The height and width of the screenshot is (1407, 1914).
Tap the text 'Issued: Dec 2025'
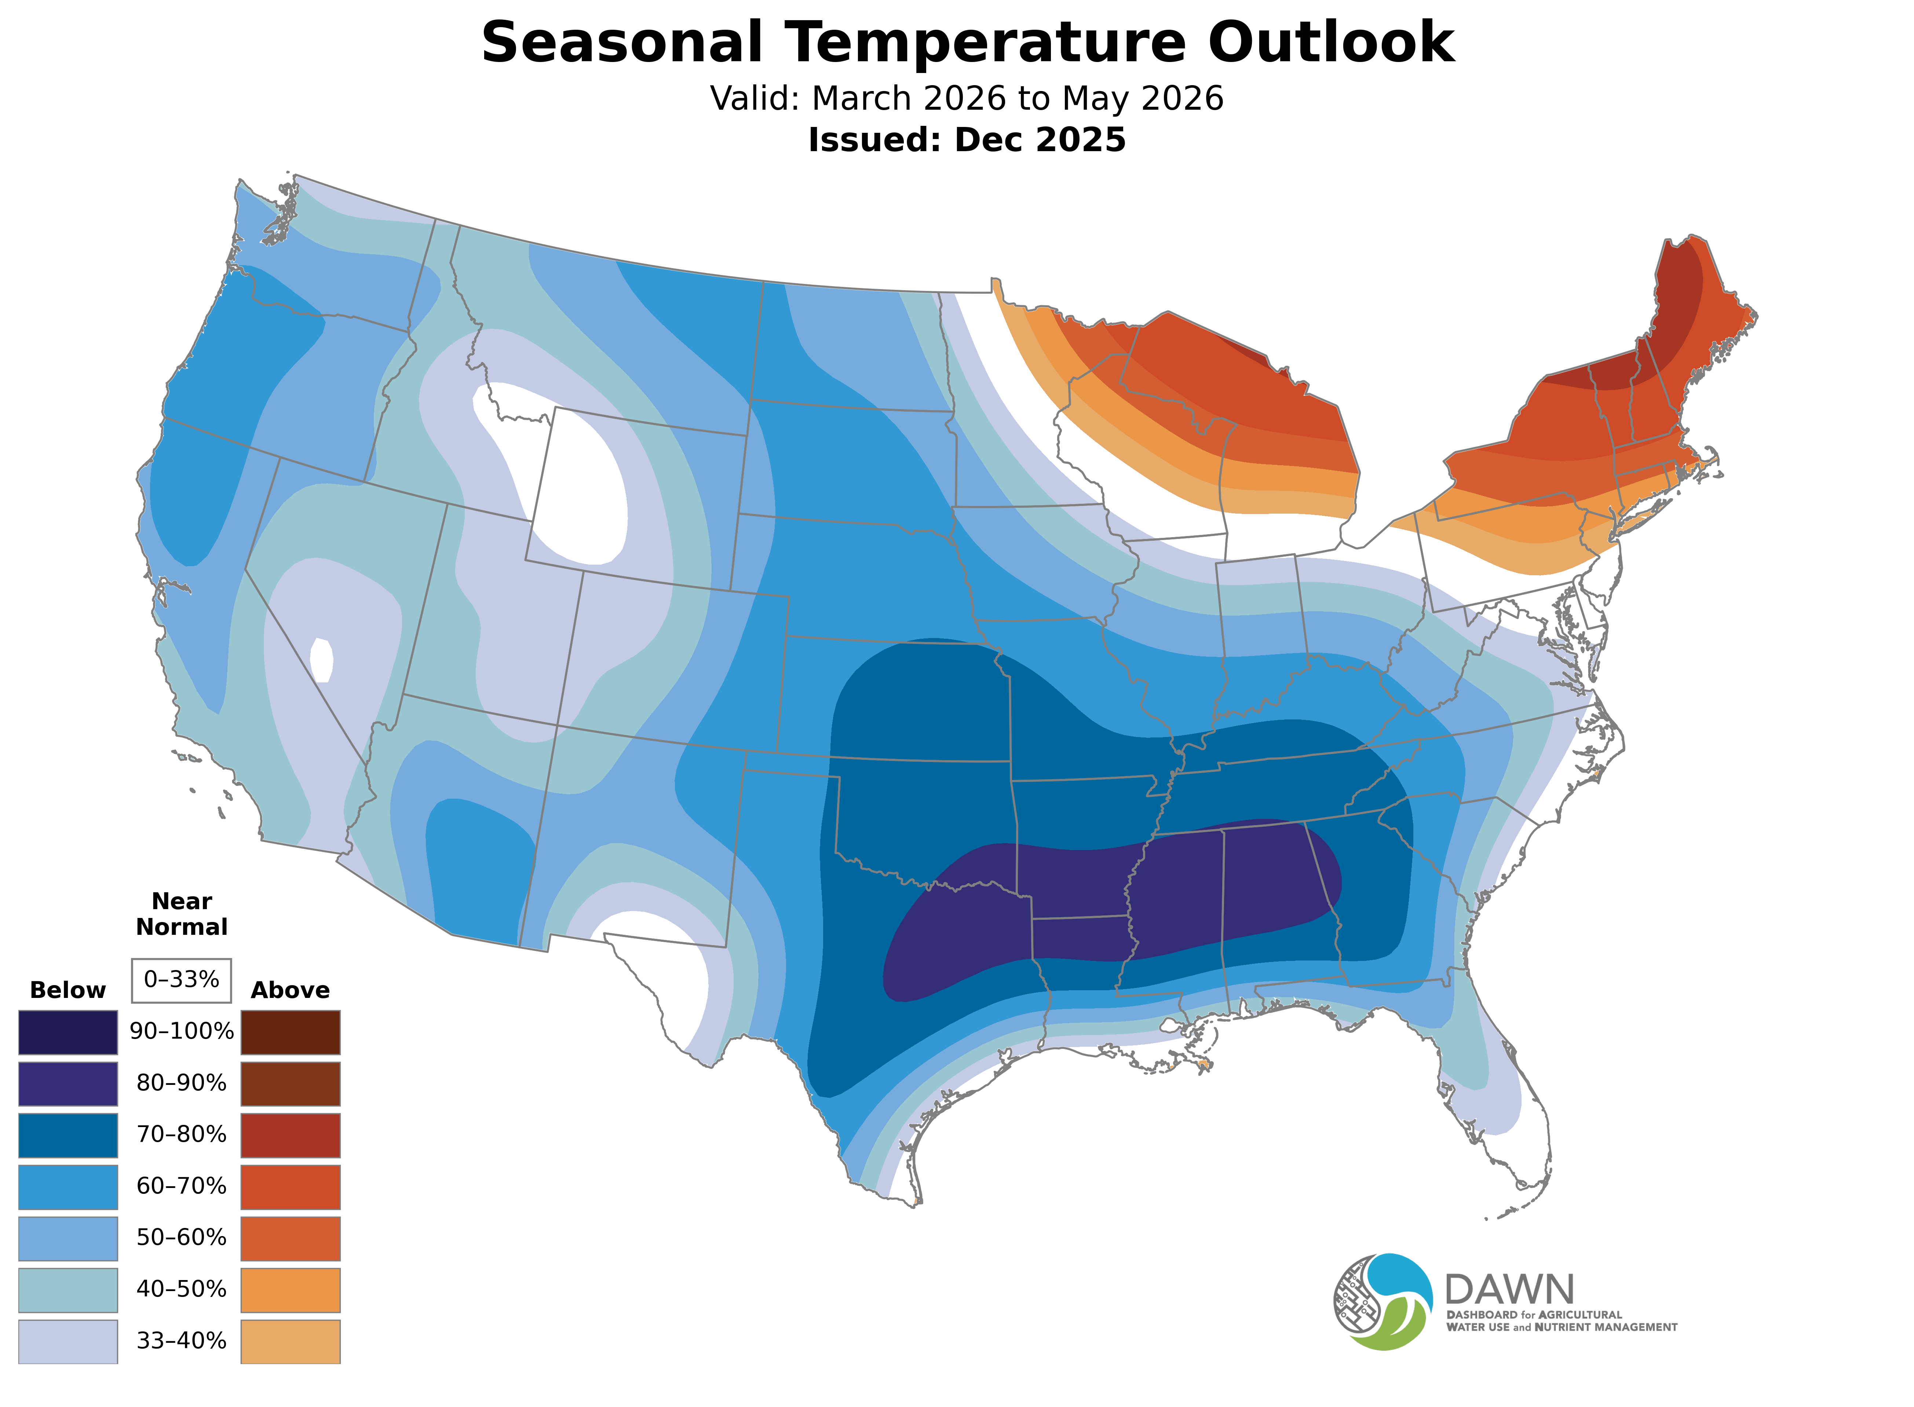967,140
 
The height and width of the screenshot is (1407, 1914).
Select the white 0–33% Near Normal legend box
181,980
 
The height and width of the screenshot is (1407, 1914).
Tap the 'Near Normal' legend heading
181,914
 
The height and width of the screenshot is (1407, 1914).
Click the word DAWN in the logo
1509,1290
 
